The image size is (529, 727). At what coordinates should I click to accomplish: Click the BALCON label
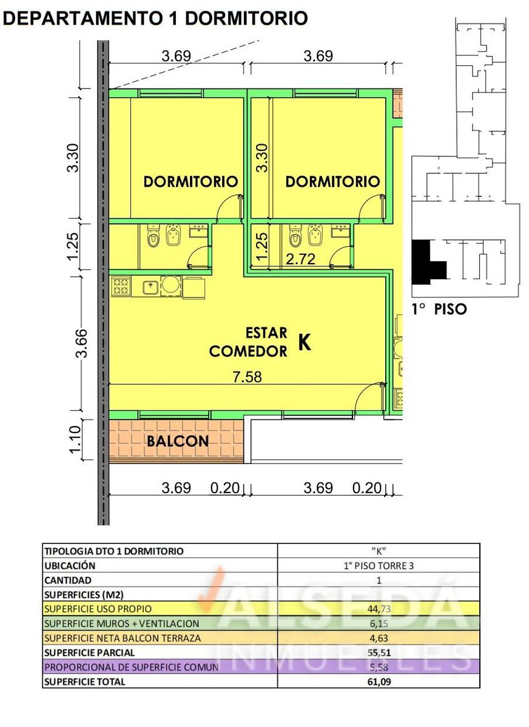(177, 441)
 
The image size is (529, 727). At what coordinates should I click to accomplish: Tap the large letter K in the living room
(305, 342)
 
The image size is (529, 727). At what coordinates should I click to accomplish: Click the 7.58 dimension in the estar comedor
(248, 377)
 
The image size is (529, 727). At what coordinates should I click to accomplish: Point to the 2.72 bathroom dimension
(300, 259)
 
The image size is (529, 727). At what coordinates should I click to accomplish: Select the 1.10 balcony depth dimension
(75, 440)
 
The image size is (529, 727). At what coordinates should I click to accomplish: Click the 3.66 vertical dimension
(81, 344)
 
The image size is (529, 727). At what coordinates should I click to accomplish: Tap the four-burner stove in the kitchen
(121, 286)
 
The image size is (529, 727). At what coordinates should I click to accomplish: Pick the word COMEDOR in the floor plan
(248, 351)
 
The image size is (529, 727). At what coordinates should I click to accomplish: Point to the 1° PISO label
(439, 309)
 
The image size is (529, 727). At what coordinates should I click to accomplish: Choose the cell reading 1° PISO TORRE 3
(379, 566)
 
